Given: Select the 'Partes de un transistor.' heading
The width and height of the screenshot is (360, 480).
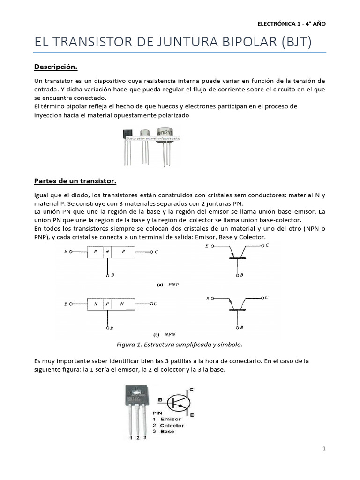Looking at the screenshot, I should [75, 181].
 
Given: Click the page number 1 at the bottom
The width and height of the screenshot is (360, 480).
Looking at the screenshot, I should [324, 449].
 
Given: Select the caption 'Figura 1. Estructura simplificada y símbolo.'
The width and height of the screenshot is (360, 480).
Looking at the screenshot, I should [179, 345].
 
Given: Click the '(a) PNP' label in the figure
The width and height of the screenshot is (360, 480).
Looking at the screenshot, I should [167, 284].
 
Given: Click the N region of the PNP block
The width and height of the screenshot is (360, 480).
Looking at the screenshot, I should [107, 252].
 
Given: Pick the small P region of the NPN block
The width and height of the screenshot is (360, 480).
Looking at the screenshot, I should [107, 304].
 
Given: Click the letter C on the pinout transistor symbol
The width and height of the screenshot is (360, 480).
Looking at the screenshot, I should [191, 390].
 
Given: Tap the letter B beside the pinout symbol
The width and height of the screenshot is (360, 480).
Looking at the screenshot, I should [161, 400].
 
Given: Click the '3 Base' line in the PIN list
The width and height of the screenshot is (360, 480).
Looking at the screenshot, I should [164, 431].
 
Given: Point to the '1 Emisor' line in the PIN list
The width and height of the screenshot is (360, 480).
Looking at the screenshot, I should [167, 419].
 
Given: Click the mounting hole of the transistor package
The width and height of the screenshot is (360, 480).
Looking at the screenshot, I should [136, 390].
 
